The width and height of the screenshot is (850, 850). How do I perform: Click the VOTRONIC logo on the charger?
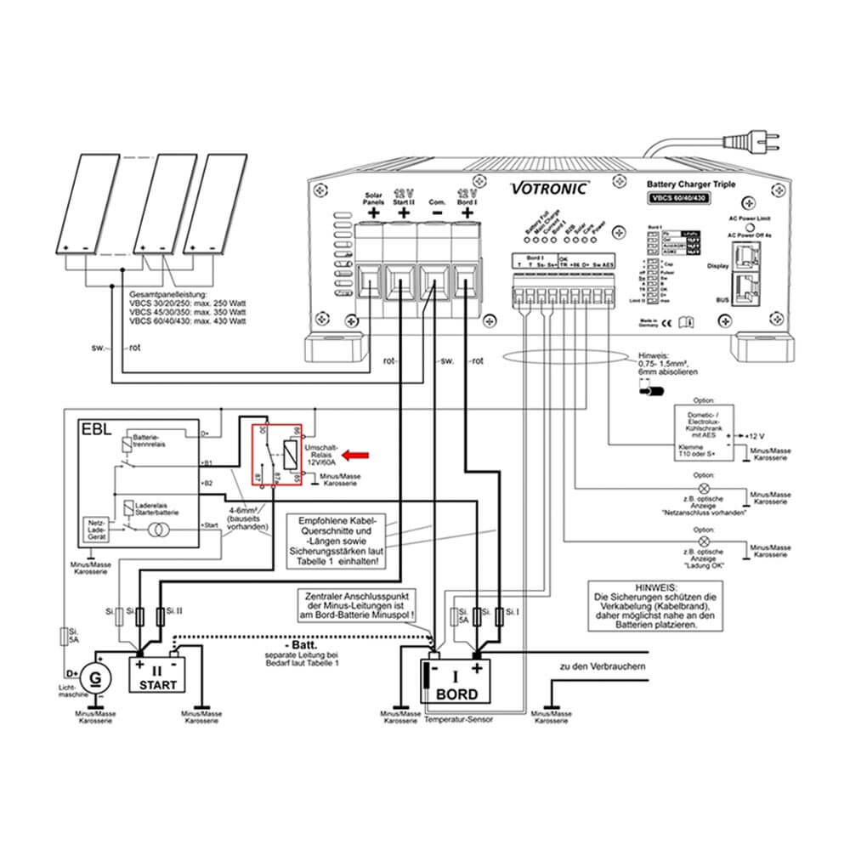coord(547,189)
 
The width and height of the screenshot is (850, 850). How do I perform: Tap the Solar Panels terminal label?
coord(374,198)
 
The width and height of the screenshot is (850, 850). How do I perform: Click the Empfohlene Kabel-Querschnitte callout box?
coord(337,541)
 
